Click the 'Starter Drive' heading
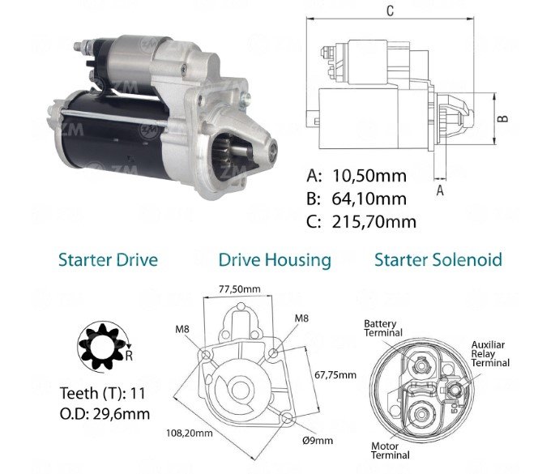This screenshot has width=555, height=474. pyautogui.click(x=108, y=259)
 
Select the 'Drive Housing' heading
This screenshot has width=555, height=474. pyautogui.click(x=275, y=261)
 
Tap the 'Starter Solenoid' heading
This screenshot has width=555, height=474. pyautogui.click(x=438, y=259)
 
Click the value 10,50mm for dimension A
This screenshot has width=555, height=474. pyautogui.click(x=369, y=176)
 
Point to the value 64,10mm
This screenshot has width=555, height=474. pyautogui.click(x=369, y=199)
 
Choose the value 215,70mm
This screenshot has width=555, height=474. pyautogui.click(x=374, y=222)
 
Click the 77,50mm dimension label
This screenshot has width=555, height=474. pyautogui.click(x=240, y=289)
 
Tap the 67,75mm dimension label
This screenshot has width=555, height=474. pyautogui.click(x=335, y=374)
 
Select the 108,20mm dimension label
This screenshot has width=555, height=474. pyautogui.click(x=190, y=433)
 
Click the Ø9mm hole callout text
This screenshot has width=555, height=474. pyautogui.click(x=318, y=440)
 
